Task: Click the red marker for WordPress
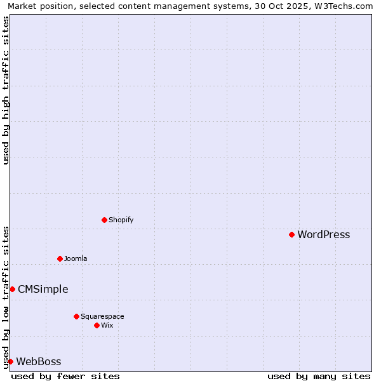pyautogui.click(x=291, y=235)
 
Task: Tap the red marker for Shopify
pyautogui.click(x=104, y=220)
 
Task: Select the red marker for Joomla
pyautogui.click(x=60, y=258)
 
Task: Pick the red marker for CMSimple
pyautogui.click(x=12, y=290)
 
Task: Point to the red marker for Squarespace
pyautogui.click(x=76, y=316)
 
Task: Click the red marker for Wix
pyautogui.click(x=97, y=325)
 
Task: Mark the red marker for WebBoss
pyautogui.click(x=10, y=362)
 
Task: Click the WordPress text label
pyautogui.click(x=323, y=235)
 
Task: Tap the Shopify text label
pyautogui.click(x=121, y=220)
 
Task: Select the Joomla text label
pyautogui.click(x=76, y=258)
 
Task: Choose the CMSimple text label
pyautogui.click(x=43, y=290)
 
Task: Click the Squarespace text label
pyautogui.click(x=102, y=316)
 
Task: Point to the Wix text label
pyautogui.click(x=107, y=325)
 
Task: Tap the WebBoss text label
pyautogui.click(x=38, y=362)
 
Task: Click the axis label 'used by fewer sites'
pyautogui.click(x=65, y=376)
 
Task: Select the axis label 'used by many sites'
pyautogui.click(x=319, y=376)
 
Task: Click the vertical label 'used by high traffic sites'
pyautogui.click(x=6, y=90)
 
